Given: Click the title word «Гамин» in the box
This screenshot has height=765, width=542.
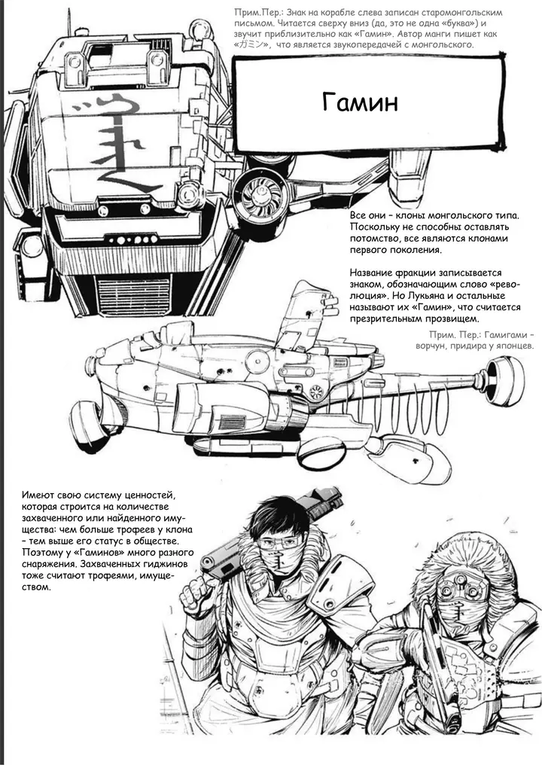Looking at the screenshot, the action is [360, 102].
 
